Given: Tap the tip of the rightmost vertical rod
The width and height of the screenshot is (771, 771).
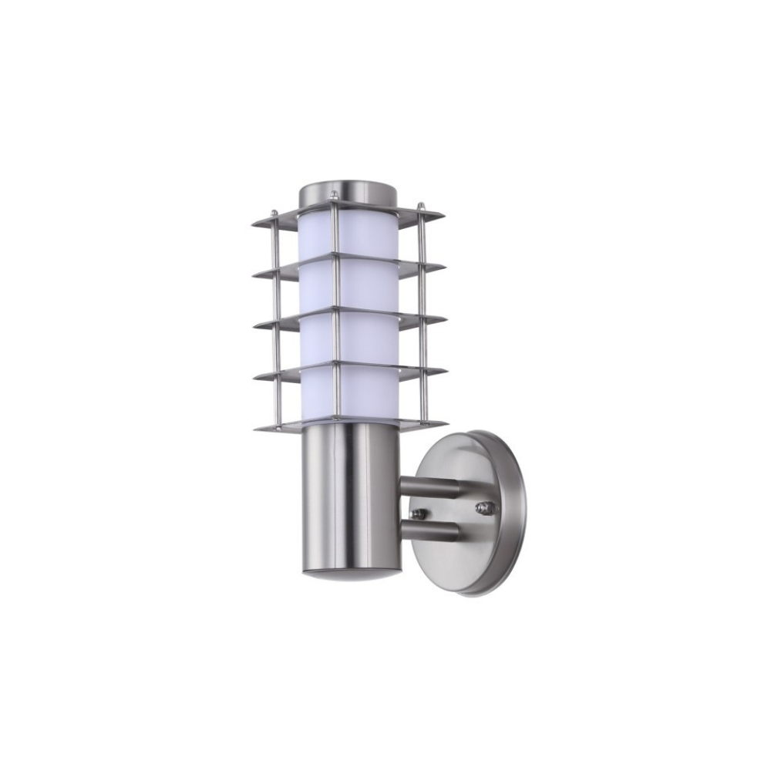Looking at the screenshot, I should point(421,204).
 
